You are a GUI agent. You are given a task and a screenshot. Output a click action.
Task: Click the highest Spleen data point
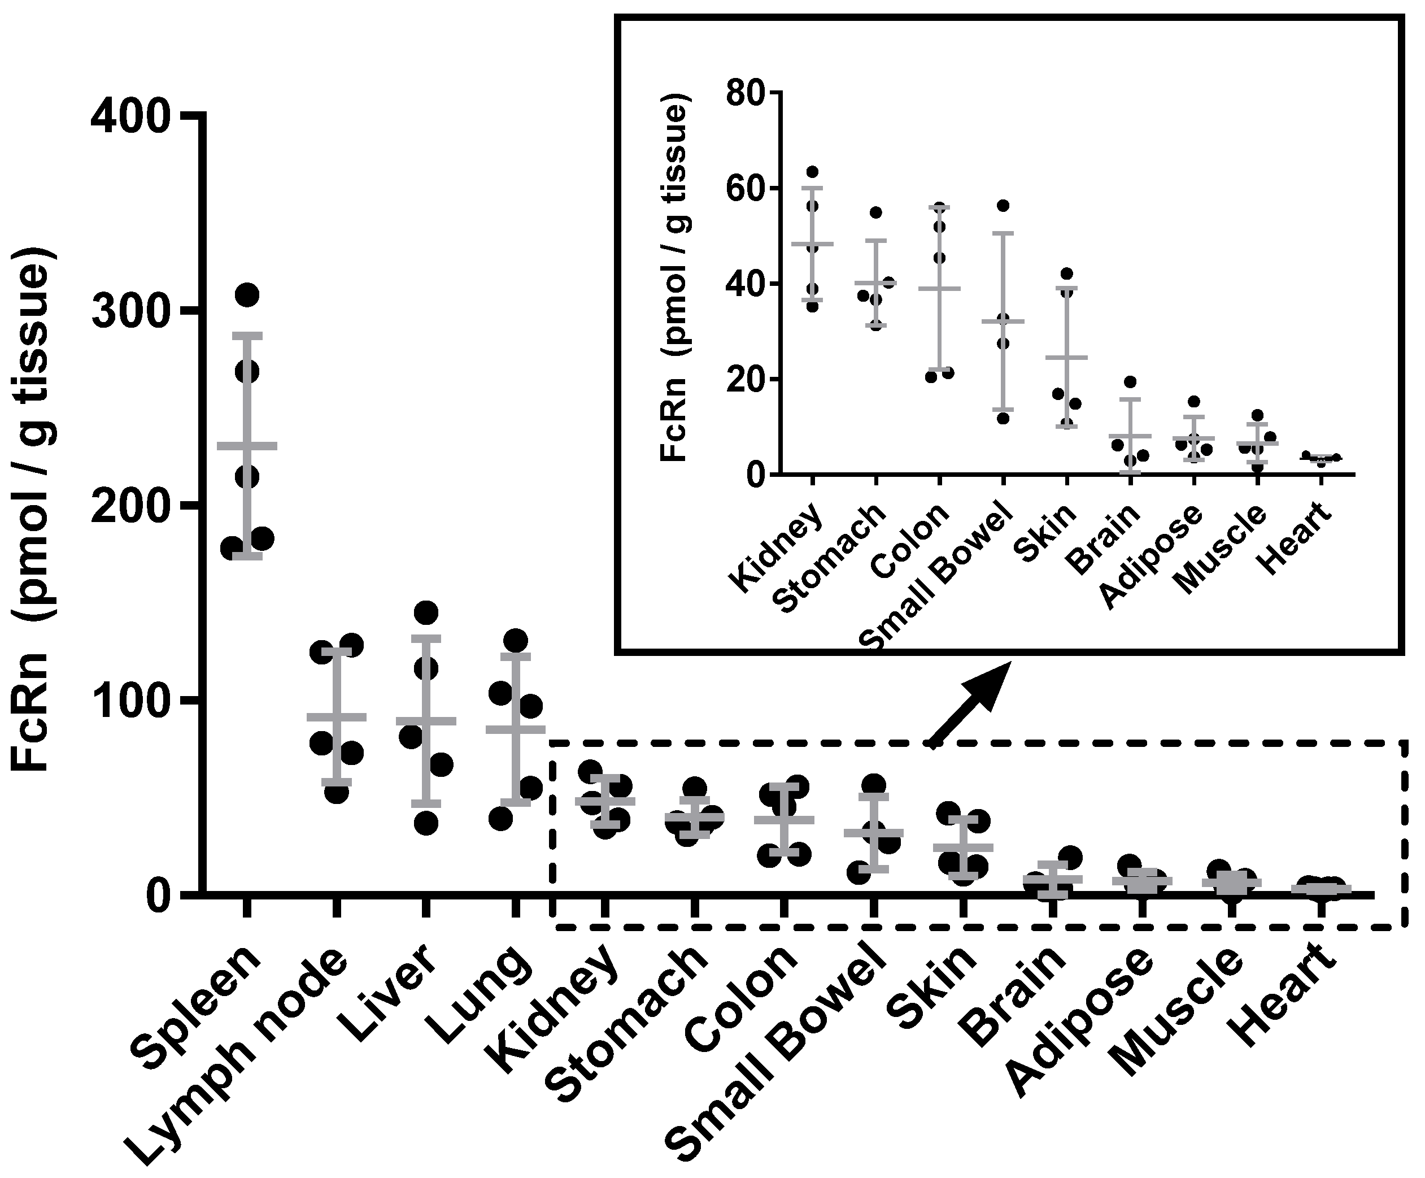[x=247, y=295]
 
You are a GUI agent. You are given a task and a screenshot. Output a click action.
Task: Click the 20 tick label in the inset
[x=745, y=379]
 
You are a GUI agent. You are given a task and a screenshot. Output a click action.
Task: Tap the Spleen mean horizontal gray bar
[x=247, y=446]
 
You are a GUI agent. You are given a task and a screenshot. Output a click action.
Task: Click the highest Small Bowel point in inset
[x=1003, y=206]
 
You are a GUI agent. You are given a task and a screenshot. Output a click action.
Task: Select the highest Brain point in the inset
[x=1129, y=382]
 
